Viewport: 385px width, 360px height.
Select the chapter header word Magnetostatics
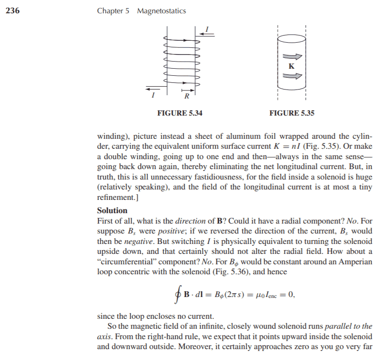tap(161, 11)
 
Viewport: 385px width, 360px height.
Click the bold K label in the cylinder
tap(291, 66)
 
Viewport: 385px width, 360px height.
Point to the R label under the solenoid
tap(187, 97)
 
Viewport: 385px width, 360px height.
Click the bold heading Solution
tap(112, 210)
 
